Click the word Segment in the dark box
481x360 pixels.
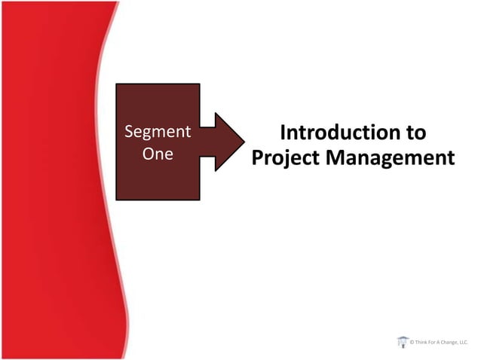point(157,132)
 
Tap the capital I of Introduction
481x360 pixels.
point(283,133)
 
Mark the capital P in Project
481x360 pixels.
point(256,158)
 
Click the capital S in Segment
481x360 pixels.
point(128,132)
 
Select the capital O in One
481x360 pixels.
point(147,154)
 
